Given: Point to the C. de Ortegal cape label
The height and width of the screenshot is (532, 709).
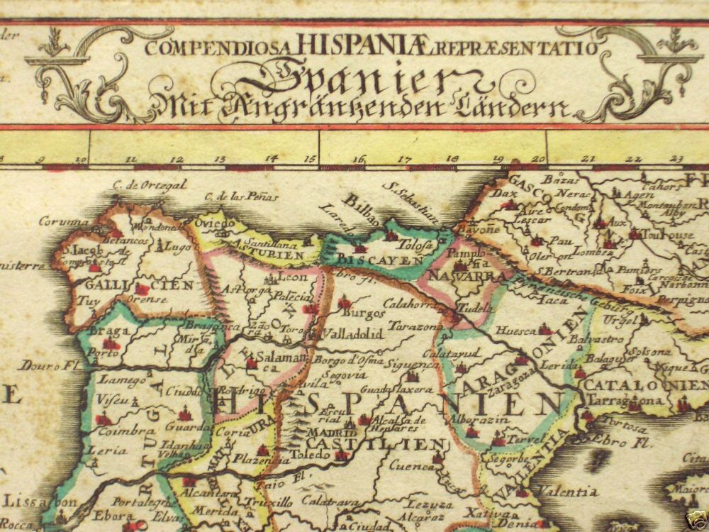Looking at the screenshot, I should tap(149, 184).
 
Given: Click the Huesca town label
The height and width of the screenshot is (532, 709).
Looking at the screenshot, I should tap(515, 330).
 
